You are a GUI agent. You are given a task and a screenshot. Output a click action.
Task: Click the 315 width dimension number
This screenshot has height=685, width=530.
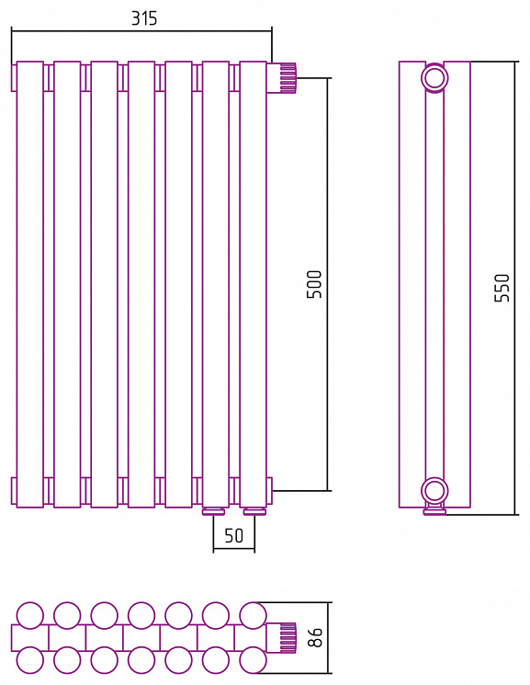[x=144, y=18]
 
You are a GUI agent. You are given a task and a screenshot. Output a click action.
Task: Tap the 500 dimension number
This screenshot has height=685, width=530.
[x=314, y=284]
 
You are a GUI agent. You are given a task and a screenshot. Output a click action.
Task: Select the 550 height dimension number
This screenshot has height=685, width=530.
[x=502, y=288]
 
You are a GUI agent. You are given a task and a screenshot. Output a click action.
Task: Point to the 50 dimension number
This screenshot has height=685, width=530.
[x=233, y=536]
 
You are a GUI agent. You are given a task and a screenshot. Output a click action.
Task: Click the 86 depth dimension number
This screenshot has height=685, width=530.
[x=314, y=637]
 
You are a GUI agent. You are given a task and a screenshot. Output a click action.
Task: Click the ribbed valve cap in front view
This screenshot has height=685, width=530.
[x=288, y=78]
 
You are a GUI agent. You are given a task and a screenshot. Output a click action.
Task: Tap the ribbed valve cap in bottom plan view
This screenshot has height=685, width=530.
[x=288, y=637]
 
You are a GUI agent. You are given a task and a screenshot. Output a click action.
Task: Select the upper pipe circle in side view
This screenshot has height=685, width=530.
[x=434, y=78]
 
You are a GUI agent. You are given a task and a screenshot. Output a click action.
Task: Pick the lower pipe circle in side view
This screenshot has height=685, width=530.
[x=434, y=490]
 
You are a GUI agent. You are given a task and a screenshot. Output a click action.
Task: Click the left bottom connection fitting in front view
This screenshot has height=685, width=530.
[x=213, y=511]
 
